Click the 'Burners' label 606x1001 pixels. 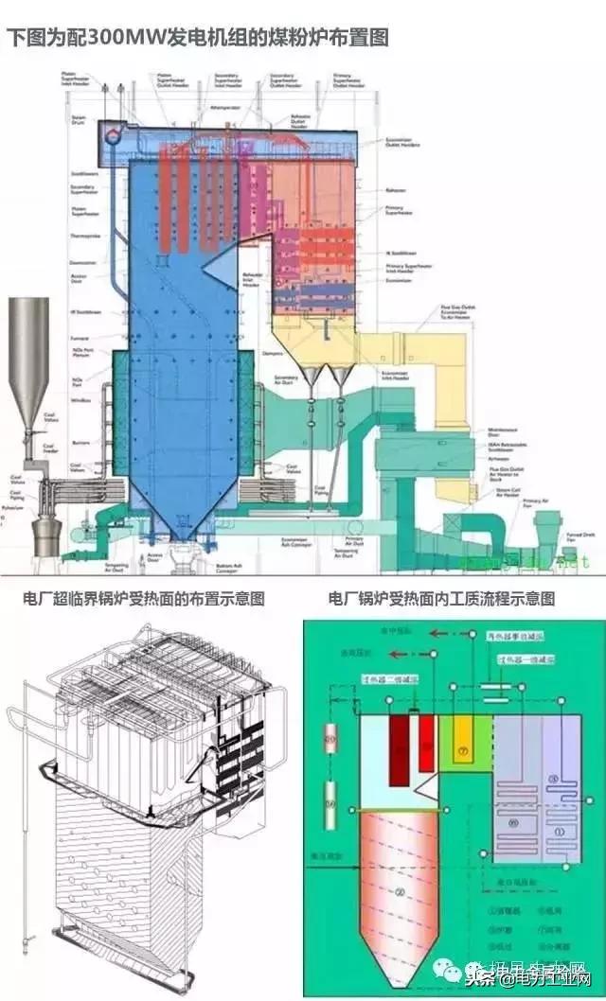click(x=81, y=441)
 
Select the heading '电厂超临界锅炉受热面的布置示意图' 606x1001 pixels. click(x=144, y=599)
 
